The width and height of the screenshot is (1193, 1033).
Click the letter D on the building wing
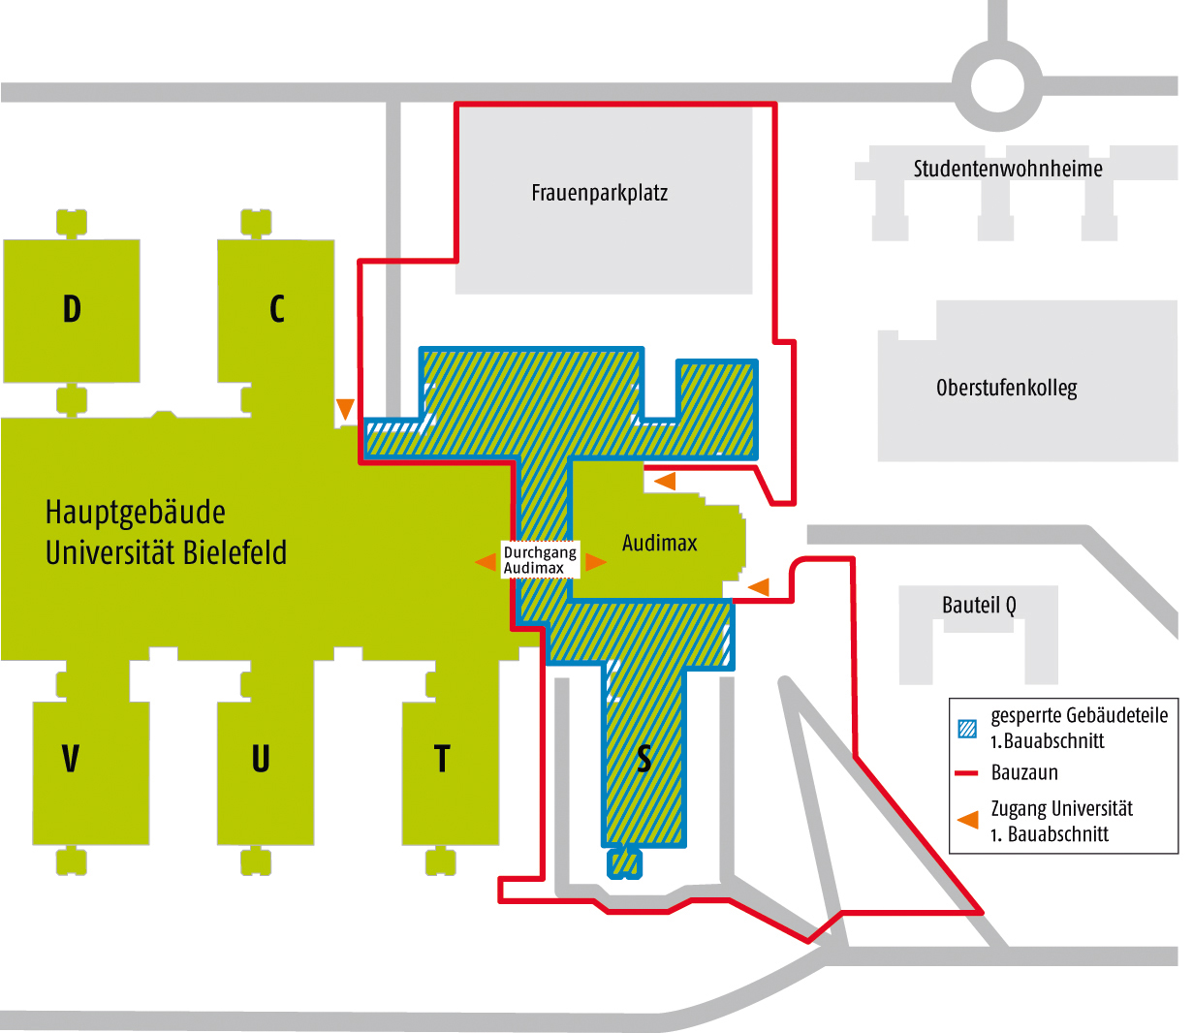point(72,309)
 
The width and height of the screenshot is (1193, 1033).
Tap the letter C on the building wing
point(277,309)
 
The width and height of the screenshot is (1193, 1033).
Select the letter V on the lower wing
point(70,758)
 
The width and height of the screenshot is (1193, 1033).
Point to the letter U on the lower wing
point(261,758)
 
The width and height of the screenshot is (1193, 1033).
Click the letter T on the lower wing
point(442,758)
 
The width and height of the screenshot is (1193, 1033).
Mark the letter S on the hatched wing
point(644,759)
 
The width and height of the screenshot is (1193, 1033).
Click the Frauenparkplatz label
point(599,193)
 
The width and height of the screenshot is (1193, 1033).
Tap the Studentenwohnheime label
point(1008,169)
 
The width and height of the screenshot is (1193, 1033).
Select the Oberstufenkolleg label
point(1006,389)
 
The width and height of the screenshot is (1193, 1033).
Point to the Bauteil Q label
point(979,606)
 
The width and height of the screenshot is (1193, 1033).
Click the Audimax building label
point(659,543)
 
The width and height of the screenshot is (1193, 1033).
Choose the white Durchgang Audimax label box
point(540,560)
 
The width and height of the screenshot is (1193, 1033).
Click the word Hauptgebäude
point(136,512)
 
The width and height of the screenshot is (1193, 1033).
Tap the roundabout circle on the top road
point(998,86)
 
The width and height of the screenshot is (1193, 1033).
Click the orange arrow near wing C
point(345,408)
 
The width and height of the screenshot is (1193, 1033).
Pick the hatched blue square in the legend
point(967,729)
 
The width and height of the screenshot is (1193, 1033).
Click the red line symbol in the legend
point(967,773)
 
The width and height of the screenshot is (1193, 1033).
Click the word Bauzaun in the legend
point(1024,773)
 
